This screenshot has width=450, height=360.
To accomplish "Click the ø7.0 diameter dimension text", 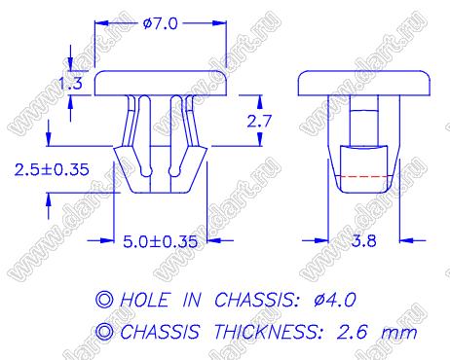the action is pyautogui.click(x=161, y=23).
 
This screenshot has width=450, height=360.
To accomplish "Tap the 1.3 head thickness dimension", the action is pyautogui.click(x=70, y=83).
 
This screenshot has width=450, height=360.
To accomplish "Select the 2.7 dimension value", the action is pyautogui.click(x=259, y=121).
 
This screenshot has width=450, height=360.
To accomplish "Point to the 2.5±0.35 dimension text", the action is pyautogui.click(x=52, y=169).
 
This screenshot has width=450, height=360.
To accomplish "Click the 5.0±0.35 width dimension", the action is pyautogui.click(x=161, y=241).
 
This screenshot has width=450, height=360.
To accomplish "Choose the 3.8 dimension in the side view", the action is pyautogui.click(x=364, y=240).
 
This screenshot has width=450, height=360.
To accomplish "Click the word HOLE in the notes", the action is pyautogui.click(x=145, y=300).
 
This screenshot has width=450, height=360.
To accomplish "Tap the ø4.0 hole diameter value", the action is pyautogui.click(x=335, y=300).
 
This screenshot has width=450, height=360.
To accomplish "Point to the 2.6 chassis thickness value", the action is pyautogui.click(x=353, y=332).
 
